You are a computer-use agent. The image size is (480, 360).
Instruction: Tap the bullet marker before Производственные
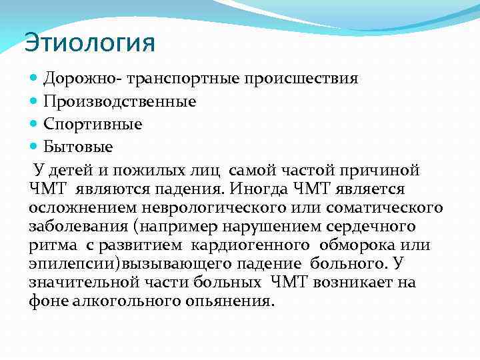click(x=35, y=102)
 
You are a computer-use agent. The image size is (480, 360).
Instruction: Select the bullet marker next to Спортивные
click(x=35, y=124)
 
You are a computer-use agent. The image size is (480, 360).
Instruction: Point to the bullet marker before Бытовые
click(x=35, y=146)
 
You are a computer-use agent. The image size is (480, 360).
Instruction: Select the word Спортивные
click(x=93, y=124)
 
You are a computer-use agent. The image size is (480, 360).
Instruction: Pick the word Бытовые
click(x=79, y=146)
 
